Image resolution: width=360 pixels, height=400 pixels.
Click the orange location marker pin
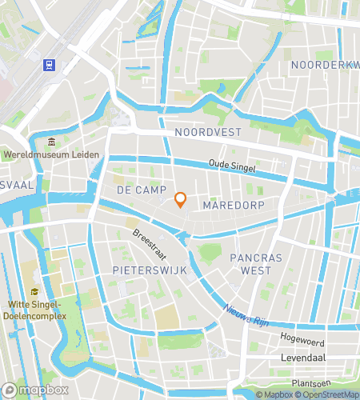(x=181, y=199)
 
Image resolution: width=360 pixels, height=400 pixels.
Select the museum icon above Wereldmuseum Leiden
(x=52, y=142)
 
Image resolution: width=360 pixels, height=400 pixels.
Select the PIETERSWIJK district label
(x=150, y=270)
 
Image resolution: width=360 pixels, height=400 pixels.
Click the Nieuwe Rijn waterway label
(x=245, y=317)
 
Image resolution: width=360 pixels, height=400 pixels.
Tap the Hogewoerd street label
(x=302, y=339)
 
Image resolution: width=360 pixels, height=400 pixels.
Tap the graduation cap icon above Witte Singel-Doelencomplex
(x=34, y=291)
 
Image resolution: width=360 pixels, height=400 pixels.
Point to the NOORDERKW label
(x=325, y=64)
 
